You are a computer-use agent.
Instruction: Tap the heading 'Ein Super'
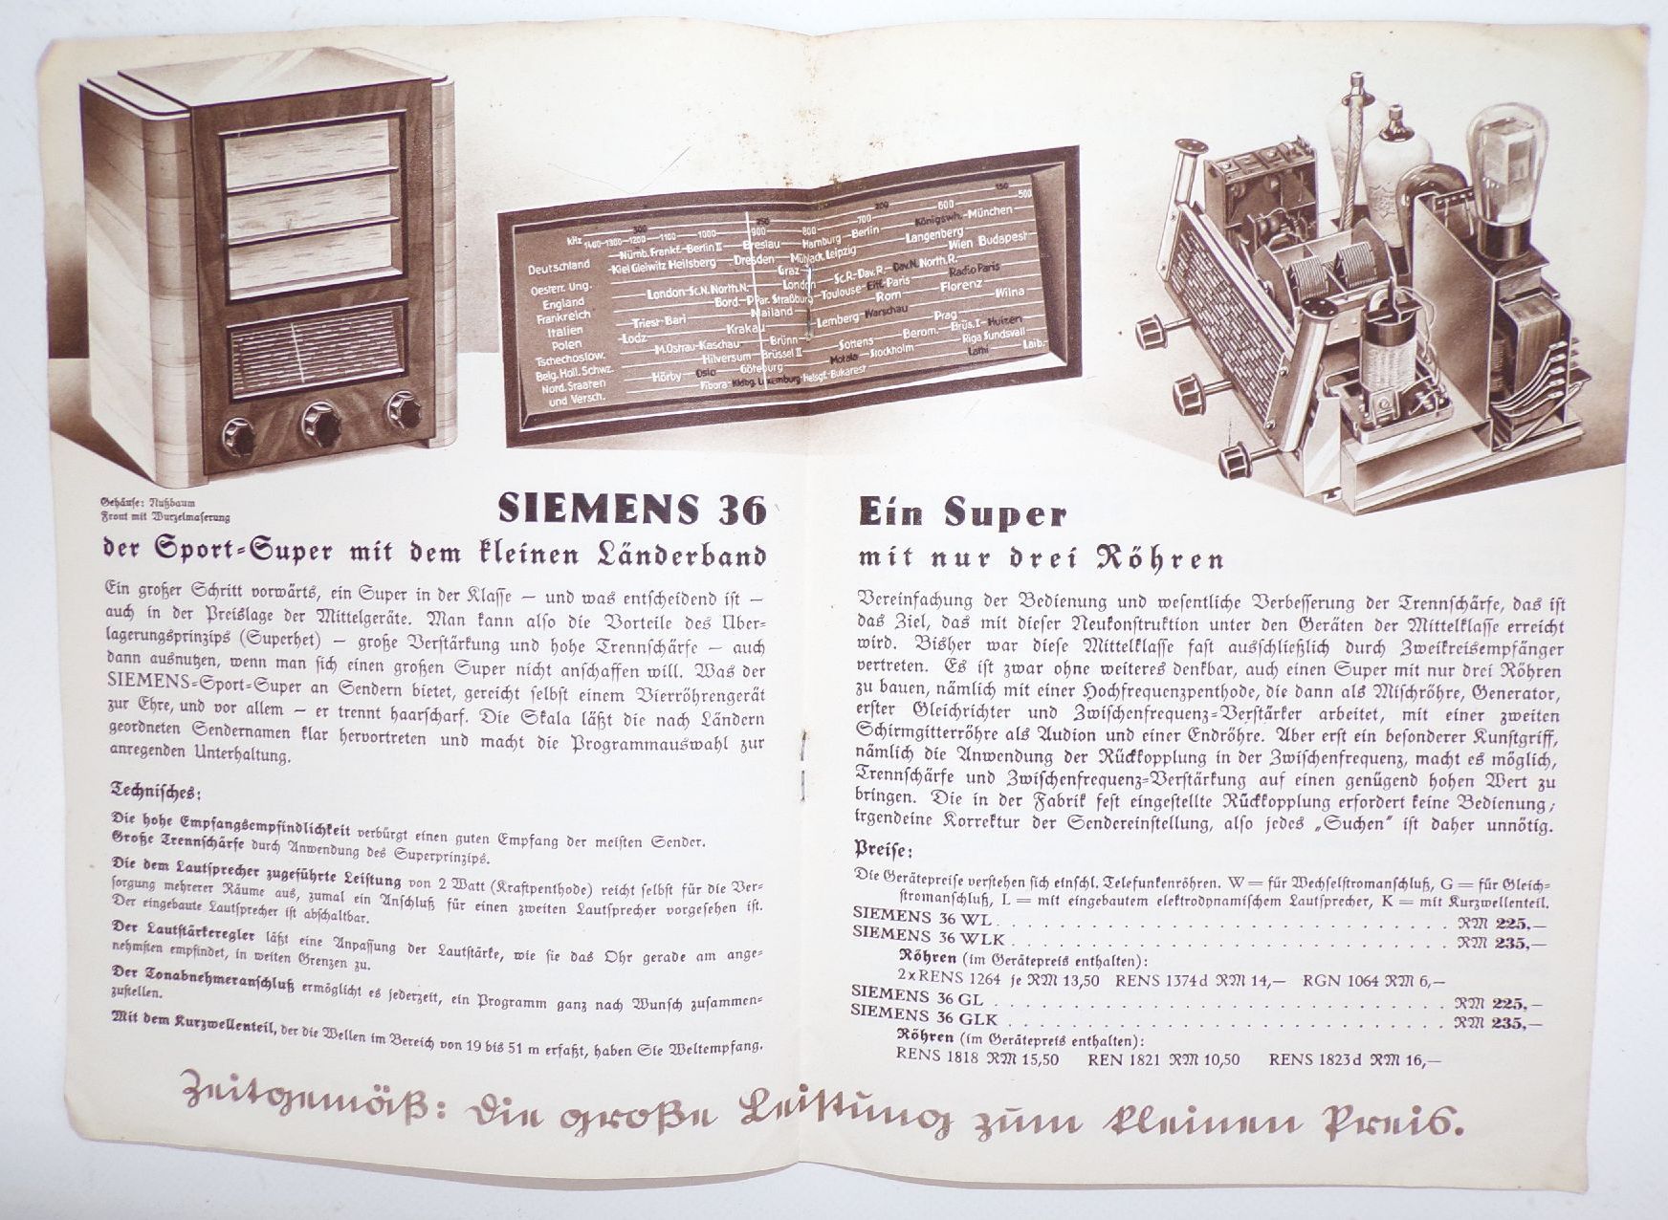(960, 515)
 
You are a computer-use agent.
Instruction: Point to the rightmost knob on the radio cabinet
(404, 411)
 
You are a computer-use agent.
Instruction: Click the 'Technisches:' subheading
(156, 793)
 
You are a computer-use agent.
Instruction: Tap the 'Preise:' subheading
(883, 849)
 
